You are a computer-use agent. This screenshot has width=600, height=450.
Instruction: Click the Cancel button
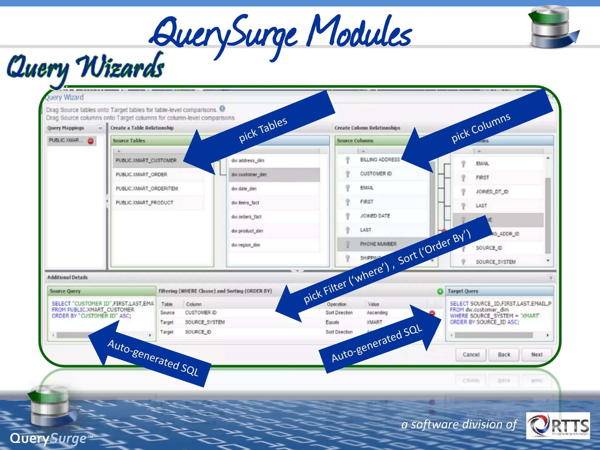coord(471,354)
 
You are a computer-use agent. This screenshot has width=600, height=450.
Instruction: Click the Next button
coord(537,354)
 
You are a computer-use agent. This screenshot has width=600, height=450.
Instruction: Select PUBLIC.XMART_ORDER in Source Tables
coord(141,175)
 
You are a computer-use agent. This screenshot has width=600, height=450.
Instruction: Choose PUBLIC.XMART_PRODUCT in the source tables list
coord(144,203)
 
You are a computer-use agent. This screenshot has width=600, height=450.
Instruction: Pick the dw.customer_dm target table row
coord(249,175)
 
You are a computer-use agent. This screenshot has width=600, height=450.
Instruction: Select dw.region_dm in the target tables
coord(246,245)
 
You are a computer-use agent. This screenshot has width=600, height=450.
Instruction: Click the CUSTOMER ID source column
coord(376,174)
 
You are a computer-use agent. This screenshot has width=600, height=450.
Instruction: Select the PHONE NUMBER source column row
coord(378,244)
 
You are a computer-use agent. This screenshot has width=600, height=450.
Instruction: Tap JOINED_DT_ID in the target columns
coord(492,192)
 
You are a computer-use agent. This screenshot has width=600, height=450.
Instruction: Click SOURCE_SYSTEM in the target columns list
coord(496,262)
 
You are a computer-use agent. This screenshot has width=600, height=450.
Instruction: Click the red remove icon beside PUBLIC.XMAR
coord(91,141)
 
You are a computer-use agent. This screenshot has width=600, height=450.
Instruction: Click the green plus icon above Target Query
coord(440,291)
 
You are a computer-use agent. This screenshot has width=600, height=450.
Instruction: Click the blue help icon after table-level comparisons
coord(222,109)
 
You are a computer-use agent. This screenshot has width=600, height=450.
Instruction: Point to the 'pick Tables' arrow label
coord(263,129)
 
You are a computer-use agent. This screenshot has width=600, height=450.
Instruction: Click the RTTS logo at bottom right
coord(558,425)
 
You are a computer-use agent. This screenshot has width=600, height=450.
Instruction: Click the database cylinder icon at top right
coord(551,28)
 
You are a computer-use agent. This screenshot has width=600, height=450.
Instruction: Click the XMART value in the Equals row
coord(374,322)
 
